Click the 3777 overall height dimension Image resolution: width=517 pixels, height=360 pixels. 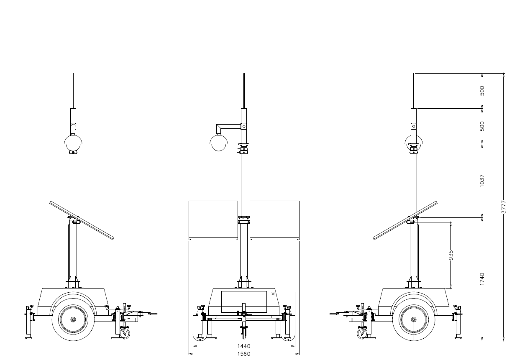coord(504,207)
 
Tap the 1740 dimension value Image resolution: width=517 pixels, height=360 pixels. coord(482,278)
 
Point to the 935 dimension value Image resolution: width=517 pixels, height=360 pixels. coord(451,255)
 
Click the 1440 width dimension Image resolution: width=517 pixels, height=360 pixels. coord(244,346)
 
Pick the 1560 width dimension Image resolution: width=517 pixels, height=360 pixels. coord(244,354)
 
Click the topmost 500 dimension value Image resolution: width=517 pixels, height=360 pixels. coord(482,91)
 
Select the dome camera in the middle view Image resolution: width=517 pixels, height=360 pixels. coord(219,143)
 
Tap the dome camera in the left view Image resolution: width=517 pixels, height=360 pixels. coord(73,143)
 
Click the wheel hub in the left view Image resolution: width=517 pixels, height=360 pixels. coord(73,319)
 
